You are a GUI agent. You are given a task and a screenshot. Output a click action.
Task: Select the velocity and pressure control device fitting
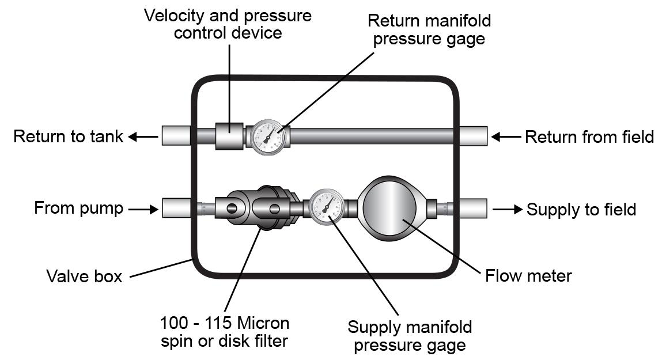[x=229, y=136]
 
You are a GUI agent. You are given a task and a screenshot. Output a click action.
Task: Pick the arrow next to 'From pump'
[x=143, y=209]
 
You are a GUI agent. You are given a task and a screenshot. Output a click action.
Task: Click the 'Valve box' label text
[x=84, y=276]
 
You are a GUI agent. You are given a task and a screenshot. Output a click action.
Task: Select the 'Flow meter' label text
[x=528, y=276]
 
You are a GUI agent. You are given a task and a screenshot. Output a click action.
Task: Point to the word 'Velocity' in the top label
[x=176, y=16]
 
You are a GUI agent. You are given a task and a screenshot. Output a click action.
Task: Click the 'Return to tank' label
[x=68, y=137]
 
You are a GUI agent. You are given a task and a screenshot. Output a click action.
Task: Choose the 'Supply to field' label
[x=581, y=209]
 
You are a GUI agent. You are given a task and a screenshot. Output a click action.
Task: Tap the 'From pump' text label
[x=78, y=208]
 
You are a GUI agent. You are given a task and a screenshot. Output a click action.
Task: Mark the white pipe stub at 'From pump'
[x=176, y=208]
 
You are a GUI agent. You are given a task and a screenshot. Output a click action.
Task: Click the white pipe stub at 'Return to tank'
[x=176, y=136]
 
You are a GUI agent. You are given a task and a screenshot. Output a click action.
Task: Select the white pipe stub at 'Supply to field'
[x=474, y=208]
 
